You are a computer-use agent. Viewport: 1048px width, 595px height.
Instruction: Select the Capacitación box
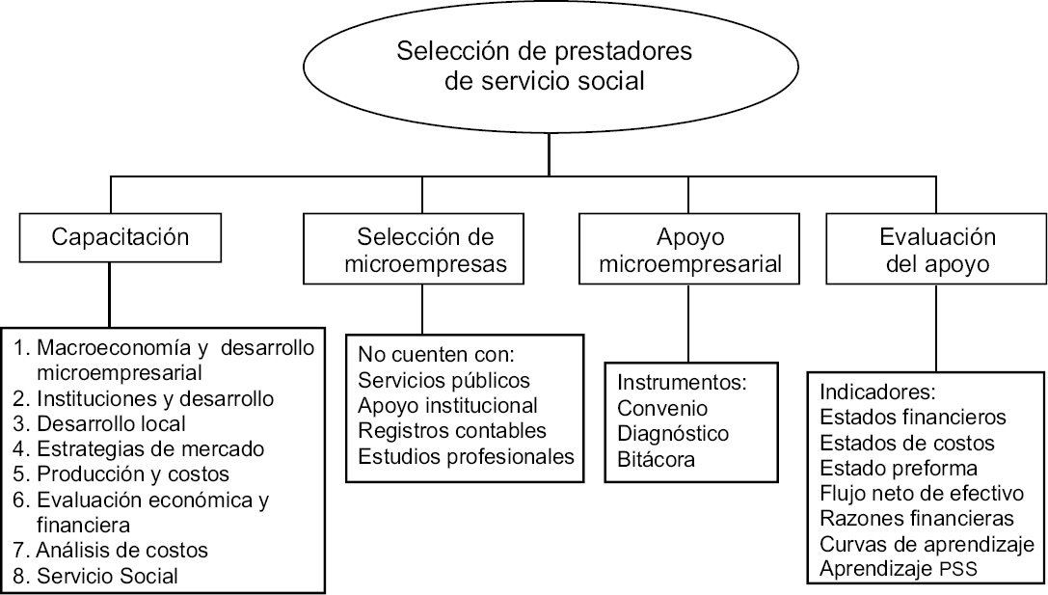[x=120, y=237]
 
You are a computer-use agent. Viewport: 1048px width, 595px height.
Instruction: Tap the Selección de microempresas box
[x=424, y=251]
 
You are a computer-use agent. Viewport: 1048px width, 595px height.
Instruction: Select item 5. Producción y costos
[x=133, y=474]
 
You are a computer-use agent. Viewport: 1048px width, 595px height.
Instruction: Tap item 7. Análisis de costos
[x=122, y=551]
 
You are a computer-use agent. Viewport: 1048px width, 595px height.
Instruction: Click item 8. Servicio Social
[x=108, y=576]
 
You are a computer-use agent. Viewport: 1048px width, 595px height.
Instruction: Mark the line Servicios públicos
[x=443, y=379]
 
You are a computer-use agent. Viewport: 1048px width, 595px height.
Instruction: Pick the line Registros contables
[x=452, y=429]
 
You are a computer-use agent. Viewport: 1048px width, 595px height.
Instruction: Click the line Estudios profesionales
[x=467, y=454]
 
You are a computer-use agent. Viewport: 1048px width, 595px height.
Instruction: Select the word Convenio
[x=662, y=408]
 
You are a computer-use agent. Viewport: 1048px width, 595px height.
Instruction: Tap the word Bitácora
[x=658, y=458]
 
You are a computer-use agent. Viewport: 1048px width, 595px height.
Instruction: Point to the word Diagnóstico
[x=673, y=433]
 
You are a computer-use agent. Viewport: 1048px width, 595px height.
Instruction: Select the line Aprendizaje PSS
[x=899, y=569]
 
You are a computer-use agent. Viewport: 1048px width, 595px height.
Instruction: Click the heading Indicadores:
[x=878, y=393]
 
